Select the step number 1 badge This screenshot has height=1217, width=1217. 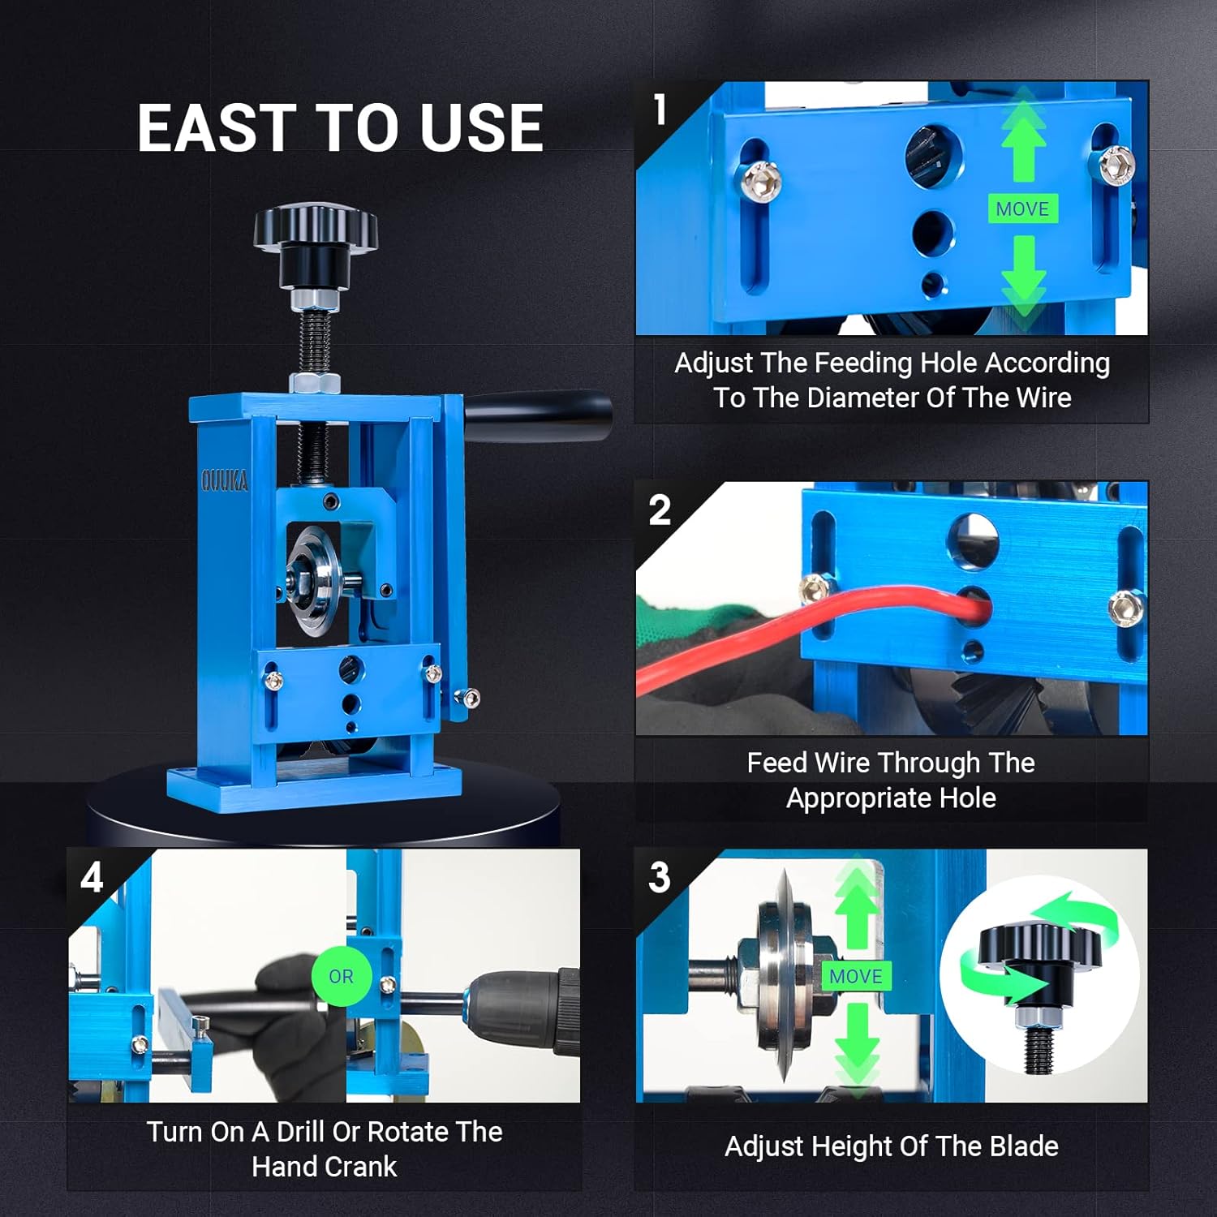(x=660, y=110)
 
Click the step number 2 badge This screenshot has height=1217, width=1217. (x=660, y=510)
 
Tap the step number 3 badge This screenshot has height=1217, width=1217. (x=660, y=878)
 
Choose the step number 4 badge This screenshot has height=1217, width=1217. (x=92, y=878)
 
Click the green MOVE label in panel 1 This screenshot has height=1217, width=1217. (x=1022, y=209)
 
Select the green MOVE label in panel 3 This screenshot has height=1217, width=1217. (x=856, y=976)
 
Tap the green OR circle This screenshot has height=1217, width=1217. (x=341, y=976)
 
